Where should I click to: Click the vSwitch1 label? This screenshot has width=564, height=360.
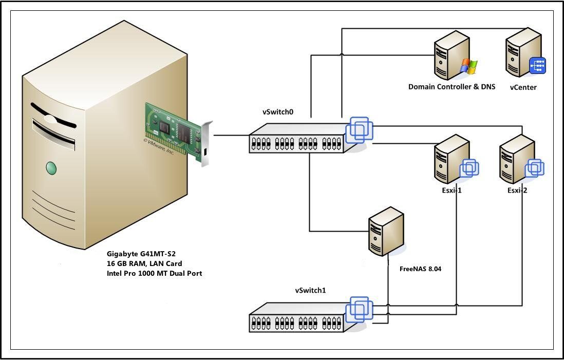coord(310,290)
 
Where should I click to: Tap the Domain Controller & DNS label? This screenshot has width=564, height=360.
coord(452,87)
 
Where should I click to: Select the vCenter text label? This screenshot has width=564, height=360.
coord(523,87)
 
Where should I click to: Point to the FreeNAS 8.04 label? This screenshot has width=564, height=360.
coord(420,269)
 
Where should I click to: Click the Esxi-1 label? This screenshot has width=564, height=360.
coord(452,190)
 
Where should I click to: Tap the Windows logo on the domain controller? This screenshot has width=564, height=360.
coord(468,66)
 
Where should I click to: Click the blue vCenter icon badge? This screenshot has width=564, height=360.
coord(537,66)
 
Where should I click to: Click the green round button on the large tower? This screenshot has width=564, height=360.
coord(51,167)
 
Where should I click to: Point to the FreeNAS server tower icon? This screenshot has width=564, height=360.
coord(386,231)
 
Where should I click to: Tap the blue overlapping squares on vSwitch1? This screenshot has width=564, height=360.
coord(360,308)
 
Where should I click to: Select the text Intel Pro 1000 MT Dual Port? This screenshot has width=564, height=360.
coord(154,274)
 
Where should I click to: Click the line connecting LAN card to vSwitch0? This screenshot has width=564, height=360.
coord(231,136)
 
